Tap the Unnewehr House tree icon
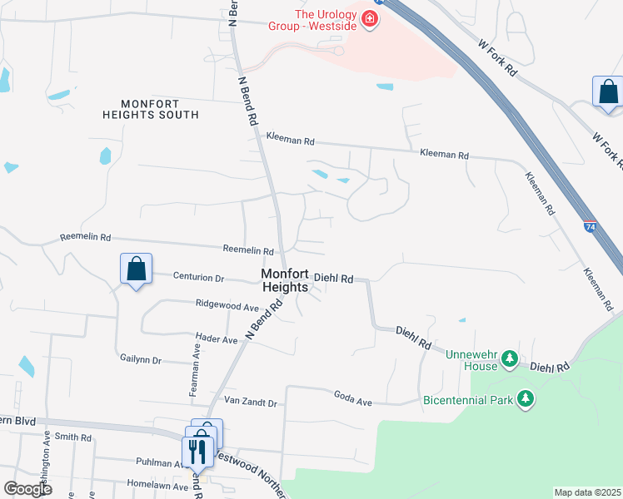[509, 360]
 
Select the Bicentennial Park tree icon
[525, 399]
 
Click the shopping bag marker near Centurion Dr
[137, 269]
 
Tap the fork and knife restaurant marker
[197, 452]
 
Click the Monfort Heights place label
[287, 279]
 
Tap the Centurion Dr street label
[198, 276]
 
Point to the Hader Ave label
[216, 339]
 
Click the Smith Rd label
[73, 437]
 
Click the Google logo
[27, 488]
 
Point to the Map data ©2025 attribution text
[588, 492]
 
